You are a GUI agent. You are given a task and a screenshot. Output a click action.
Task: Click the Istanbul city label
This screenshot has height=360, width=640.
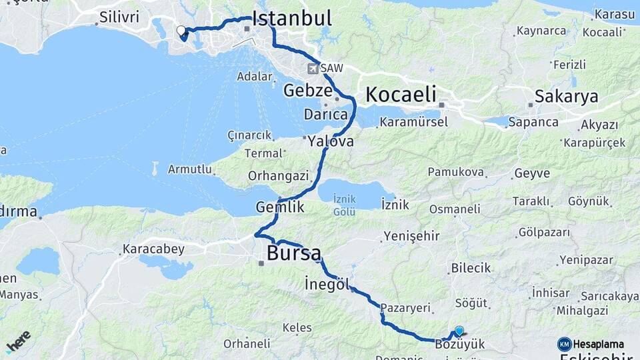click(292, 19)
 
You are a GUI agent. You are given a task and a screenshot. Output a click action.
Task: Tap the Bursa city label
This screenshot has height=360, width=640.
click(293, 253)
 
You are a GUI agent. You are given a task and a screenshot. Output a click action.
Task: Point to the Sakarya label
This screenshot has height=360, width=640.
click(567, 97)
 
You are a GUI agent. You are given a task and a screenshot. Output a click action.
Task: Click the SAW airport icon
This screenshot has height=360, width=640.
click(313, 68)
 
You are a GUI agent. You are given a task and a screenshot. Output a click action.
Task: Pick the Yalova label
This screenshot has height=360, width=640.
click(331, 141)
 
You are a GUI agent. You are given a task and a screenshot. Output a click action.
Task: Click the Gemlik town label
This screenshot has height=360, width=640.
click(280, 207)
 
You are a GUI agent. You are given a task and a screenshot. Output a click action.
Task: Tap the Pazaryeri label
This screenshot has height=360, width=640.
click(403, 309)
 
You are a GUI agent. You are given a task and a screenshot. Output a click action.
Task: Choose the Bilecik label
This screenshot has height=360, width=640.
click(471, 268)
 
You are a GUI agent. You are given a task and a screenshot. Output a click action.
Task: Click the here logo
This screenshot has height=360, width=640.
click(18, 341)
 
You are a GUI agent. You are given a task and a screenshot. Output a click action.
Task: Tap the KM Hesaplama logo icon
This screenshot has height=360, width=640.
click(565, 344)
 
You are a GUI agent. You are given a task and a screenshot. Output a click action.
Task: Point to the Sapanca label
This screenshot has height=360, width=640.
click(533, 122)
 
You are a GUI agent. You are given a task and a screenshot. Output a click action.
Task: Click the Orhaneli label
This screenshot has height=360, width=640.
click(247, 344)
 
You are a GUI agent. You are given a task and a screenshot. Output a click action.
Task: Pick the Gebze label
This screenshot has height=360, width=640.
click(307, 91)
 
